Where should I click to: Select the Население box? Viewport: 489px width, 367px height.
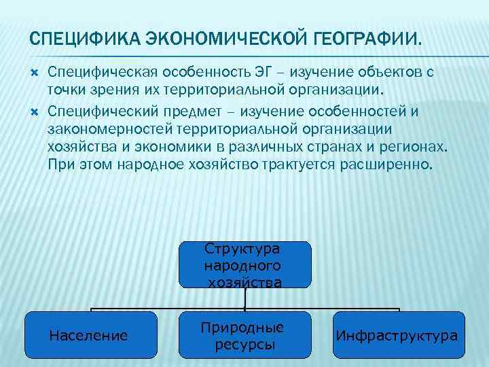89,335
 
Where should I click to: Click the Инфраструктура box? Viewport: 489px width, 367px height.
398,335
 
